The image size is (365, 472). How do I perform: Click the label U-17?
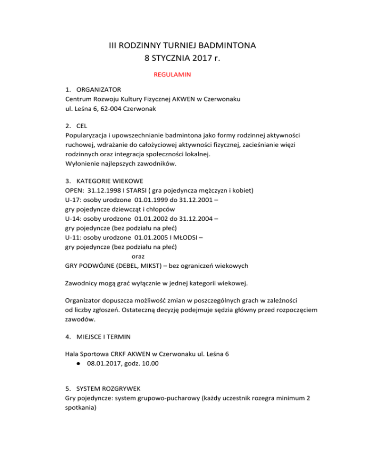[x=73, y=200]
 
